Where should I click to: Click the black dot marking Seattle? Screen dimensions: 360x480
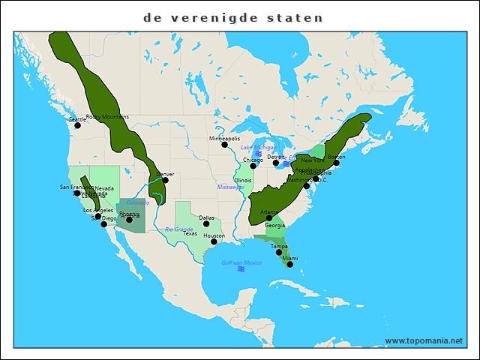pyautogui.click(x=77, y=125)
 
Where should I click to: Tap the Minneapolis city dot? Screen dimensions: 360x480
pyautogui.click(x=224, y=145)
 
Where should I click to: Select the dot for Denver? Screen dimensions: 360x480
pyautogui.click(x=165, y=180)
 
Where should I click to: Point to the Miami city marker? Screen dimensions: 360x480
pyautogui.click(x=290, y=264)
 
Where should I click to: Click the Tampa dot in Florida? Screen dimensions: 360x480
pyautogui.click(x=279, y=252)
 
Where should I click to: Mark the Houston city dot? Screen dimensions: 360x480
pyautogui.click(x=214, y=241)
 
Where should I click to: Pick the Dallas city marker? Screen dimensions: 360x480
pyautogui.click(x=206, y=223)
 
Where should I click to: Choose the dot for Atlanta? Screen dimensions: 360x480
pyautogui.click(x=268, y=218)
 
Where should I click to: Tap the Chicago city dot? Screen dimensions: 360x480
pyautogui.click(x=253, y=166)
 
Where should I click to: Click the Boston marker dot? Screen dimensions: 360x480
pyautogui.click(x=337, y=163)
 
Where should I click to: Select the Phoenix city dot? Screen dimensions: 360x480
pyautogui.click(x=129, y=220)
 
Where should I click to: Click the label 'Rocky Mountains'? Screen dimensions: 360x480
pyautogui.click(x=107, y=117)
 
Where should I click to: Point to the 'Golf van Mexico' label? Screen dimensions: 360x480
pyautogui.click(x=241, y=262)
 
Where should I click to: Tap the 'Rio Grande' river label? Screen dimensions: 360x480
pyautogui.click(x=178, y=229)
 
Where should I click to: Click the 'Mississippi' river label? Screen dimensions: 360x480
pyautogui.click(x=231, y=187)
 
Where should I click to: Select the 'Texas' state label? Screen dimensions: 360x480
pyautogui.click(x=190, y=234)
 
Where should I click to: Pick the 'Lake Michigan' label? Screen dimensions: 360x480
pyautogui.click(x=257, y=147)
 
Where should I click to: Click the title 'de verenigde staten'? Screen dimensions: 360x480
pyautogui.click(x=233, y=17)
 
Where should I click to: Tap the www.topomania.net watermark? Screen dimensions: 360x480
pyautogui.click(x=424, y=340)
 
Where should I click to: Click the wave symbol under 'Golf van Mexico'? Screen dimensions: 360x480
pyautogui.click(x=241, y=269)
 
